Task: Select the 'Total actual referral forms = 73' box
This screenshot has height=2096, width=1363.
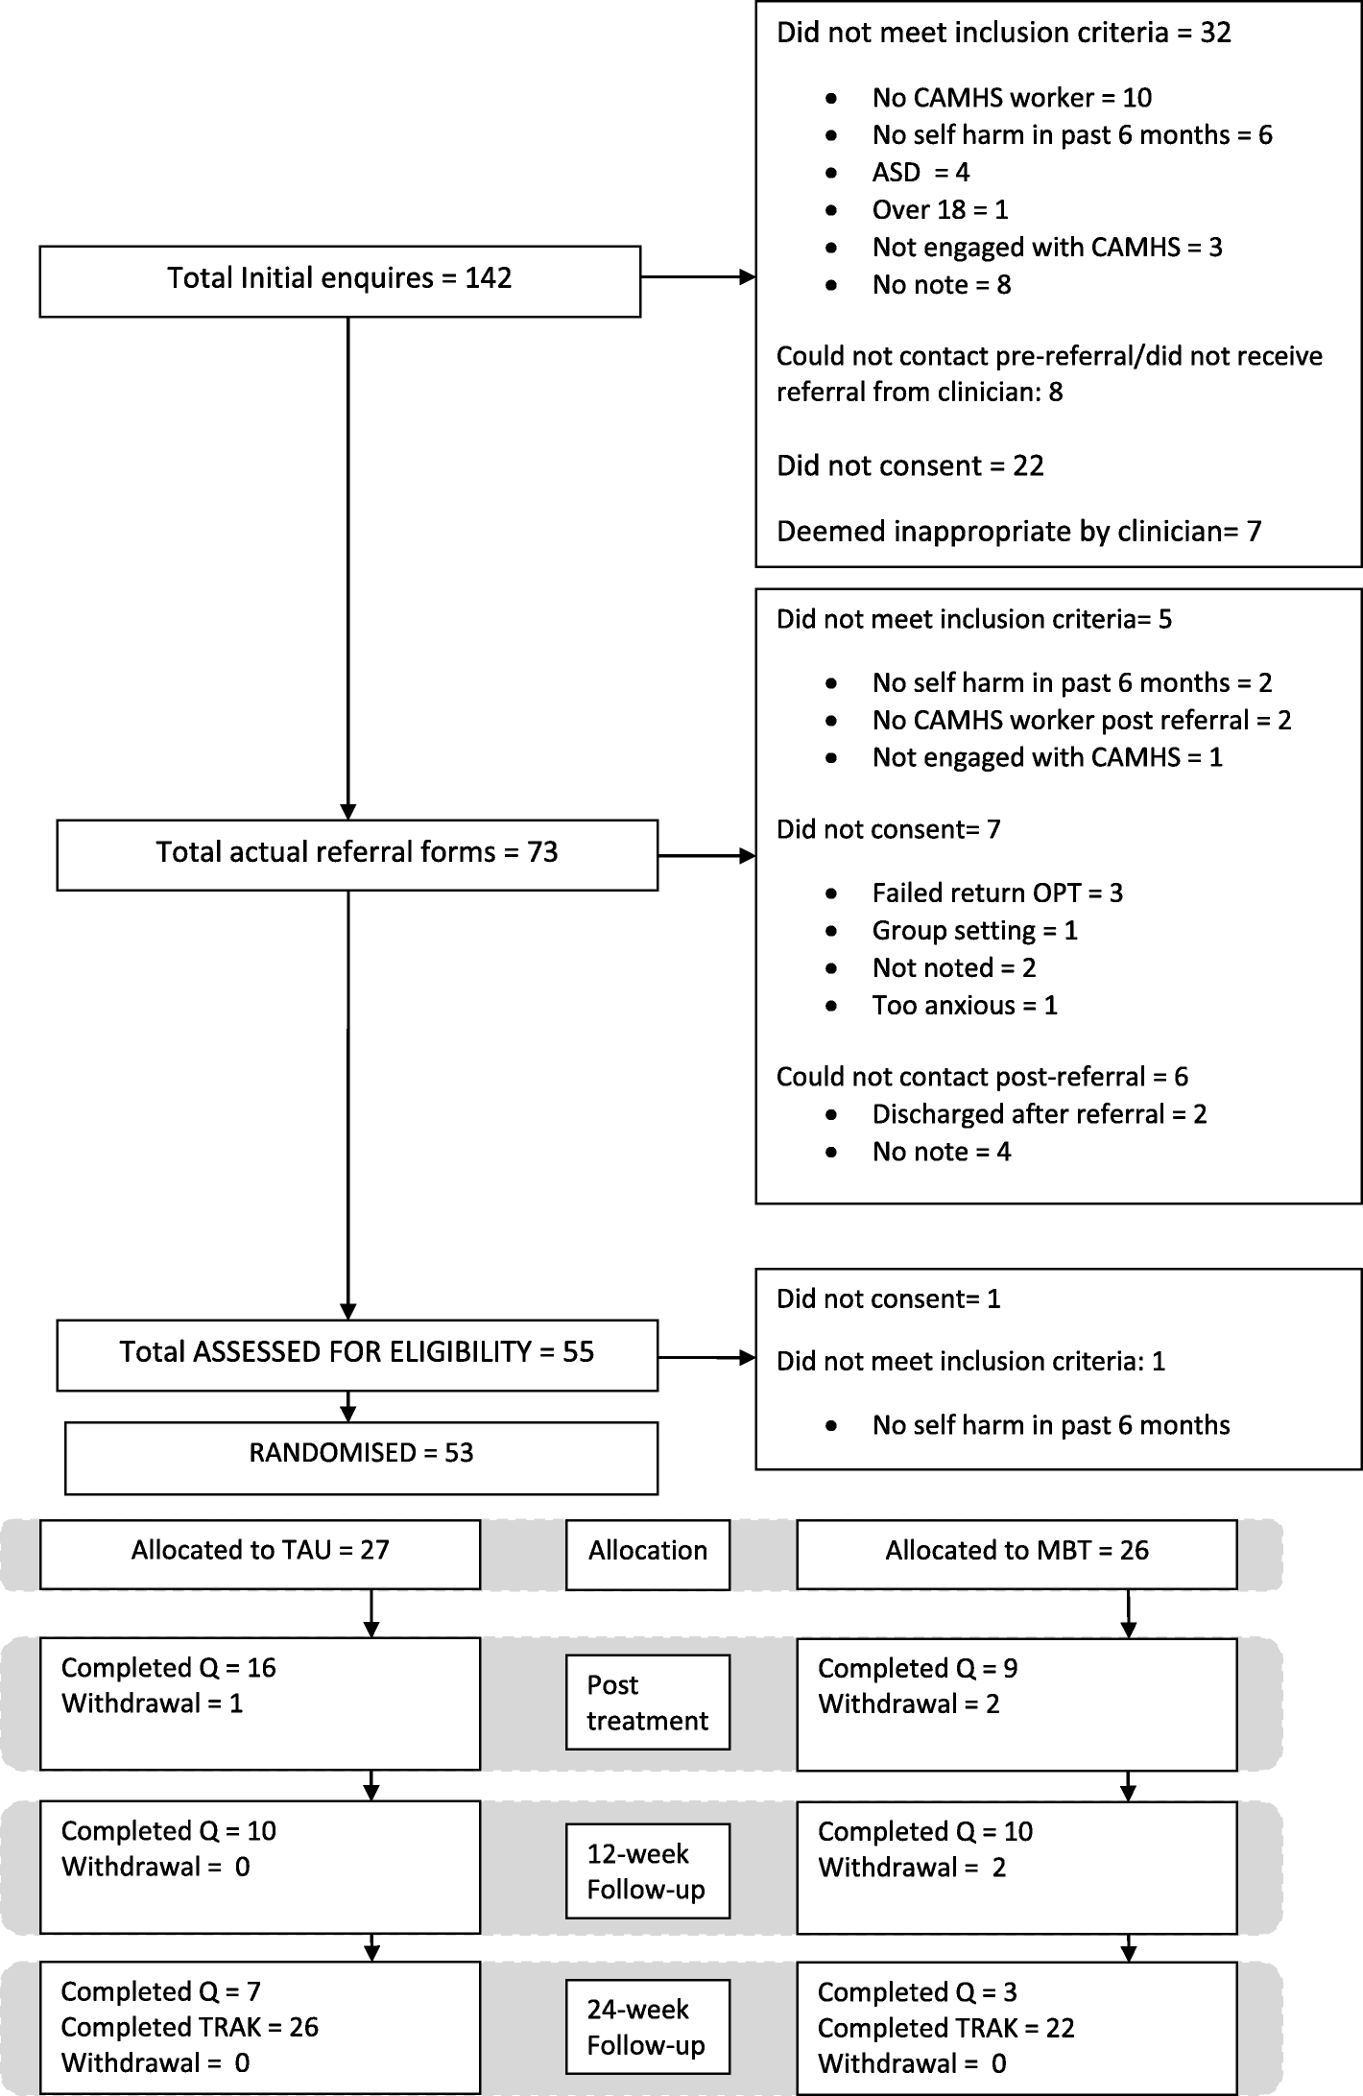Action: click(357, 853)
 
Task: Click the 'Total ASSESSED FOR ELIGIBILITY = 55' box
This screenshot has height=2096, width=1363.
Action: click(357, 1354)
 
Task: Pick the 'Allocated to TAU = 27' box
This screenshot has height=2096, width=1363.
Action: click(260, 1552)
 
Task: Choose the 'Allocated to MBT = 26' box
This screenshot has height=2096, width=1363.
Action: click(1016, 1552)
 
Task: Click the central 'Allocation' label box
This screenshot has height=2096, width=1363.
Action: click(648, 1552)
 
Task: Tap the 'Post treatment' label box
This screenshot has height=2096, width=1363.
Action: click(648, 1703)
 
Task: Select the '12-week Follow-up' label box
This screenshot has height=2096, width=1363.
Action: click(648, 1871)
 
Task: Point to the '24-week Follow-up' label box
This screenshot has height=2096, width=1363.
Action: click(648, 2027)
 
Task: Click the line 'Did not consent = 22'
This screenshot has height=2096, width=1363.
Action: click(909, 466)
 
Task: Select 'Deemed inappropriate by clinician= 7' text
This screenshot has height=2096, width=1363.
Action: click(1018, 532)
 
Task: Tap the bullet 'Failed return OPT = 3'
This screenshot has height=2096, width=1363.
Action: click(996, 893)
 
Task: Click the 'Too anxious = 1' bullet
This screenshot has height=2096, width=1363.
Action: click(964, 1006)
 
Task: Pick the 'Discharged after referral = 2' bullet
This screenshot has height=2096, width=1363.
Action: click(1039, 1114)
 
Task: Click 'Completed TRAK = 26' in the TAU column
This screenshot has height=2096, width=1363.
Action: click(189, 2027)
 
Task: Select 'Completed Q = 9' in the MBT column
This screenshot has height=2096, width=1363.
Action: click(917, 1669)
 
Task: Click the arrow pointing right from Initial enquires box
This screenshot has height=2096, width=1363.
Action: click(698, 277)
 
